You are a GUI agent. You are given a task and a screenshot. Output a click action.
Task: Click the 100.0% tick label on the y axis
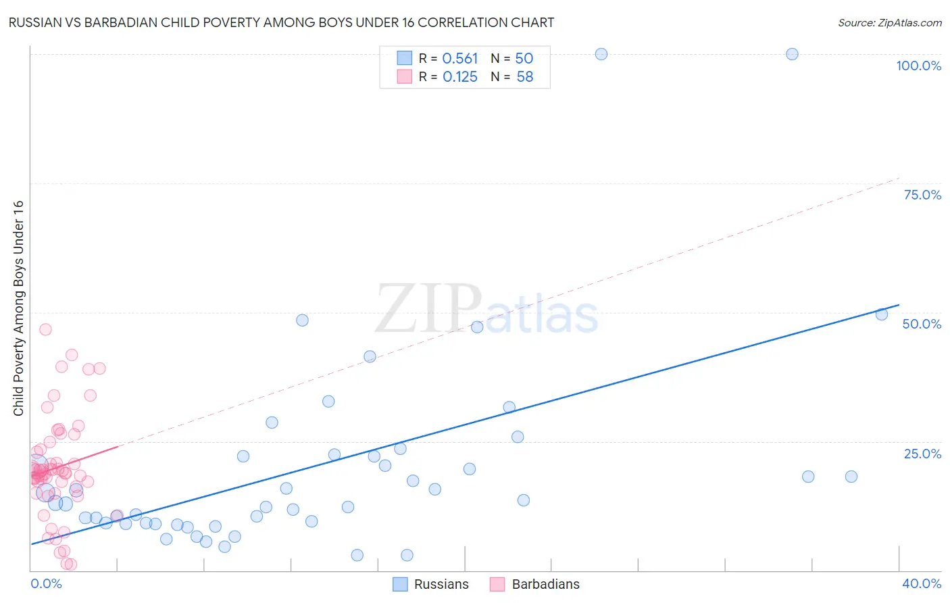point(918,66)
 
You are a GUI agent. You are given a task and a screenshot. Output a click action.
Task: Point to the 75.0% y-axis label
point(922,195)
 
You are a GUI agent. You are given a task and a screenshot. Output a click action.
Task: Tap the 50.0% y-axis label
point(922,324)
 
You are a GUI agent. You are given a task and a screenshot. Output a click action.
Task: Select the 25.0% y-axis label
point(922,454)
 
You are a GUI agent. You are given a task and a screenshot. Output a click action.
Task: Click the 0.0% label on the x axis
point(46,583)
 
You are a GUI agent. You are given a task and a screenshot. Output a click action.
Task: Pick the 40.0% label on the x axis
point(922,583)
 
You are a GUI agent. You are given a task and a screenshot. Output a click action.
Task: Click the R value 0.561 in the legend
point(459,59)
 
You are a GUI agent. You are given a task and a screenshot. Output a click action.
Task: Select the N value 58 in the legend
point(525,77)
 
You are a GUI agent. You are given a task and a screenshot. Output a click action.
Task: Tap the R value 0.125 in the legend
point(459,77)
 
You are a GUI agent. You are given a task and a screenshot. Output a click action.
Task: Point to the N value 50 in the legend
point(524,59)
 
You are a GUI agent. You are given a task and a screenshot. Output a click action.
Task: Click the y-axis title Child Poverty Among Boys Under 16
point(18,308)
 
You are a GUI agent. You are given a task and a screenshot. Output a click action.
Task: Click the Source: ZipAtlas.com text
point(889,23)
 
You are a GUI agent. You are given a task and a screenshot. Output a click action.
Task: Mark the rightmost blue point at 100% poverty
point(792,54)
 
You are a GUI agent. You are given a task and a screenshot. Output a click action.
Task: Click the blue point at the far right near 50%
point(881,314)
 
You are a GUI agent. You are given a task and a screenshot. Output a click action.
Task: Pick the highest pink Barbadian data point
point(45,330)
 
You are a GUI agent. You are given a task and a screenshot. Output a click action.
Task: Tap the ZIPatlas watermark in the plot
point(486,310)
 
